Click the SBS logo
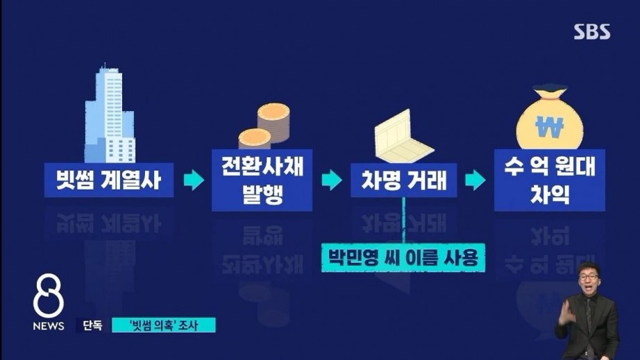pyautogui.click(x=592, y=32)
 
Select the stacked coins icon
pyautogui.click(x=264, y=126)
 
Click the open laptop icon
pyautogui.click(x=403, y=136)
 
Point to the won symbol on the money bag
pyautogui.click(x=549, y=126)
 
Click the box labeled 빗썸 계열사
pyautogui.click(x=109, y=180)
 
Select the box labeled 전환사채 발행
pyautogui.click(x=262, y=180)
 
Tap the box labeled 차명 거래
pyautogui.click(x=404, y=180)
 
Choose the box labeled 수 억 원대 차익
pyautogui.click(x=549, y=180)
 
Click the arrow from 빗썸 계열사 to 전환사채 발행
pyautogui.click(x=194, y=180)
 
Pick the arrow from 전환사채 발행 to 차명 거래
pyautogui.click(x=332, y=180)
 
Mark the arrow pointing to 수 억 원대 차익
pyautogui.click(x=475, y=180)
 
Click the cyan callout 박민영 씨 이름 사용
pyautogui.click(x=403, y=257)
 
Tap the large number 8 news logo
pyautogui.click(x=48, y=295)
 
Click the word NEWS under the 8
pyautogui.click(x=49, y=326)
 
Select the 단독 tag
pyautogui.click(x=92, y=325)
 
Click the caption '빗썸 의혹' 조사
pyautogui.click(x=164, y=325)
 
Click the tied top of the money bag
pyautogui.click(x=549, y=92)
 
